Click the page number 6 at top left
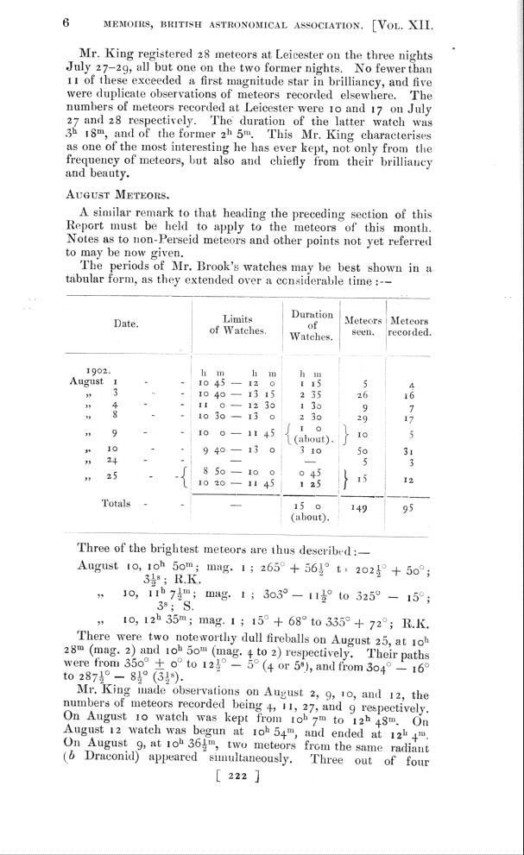(x=66, y=24)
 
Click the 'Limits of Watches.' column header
(x=236, y=324)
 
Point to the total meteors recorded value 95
(x=409, y=508)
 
